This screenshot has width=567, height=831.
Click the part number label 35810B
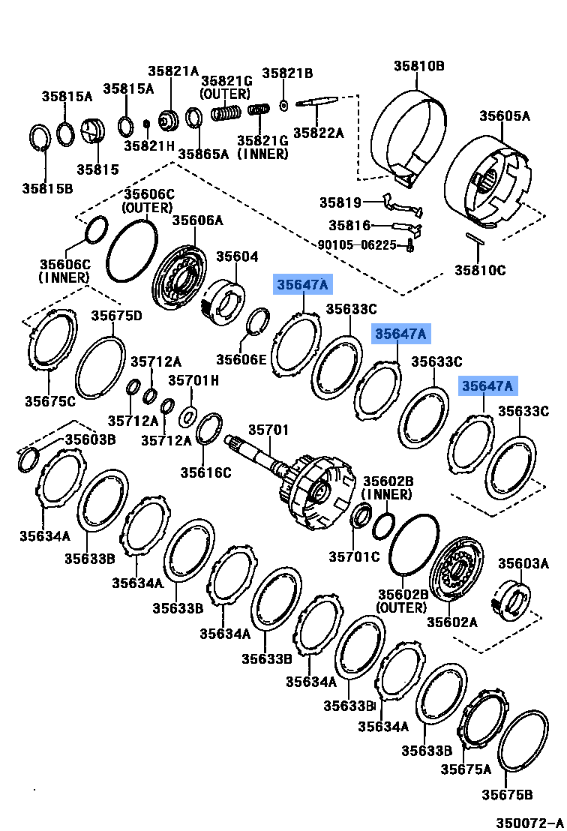[x=419, y=66]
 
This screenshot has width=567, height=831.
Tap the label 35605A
[x=505, y=115]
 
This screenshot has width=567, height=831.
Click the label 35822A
[x=318, y=133]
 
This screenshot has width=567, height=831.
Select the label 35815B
[x=47, y=187]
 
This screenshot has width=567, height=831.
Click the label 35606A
[x=198, y=220]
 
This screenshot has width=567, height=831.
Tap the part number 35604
[x=237, y=256]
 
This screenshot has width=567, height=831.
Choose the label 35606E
[x=241, y=358]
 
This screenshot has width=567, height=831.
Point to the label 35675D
[x=117, y=315]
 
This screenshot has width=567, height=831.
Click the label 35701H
[x=193, y=380]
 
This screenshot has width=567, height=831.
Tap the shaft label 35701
[x=268, y=430]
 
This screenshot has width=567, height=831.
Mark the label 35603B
[x=90, y=439]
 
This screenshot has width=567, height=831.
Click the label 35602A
[x=452, y=621]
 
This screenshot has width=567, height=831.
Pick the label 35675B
[x=507, y=794]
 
